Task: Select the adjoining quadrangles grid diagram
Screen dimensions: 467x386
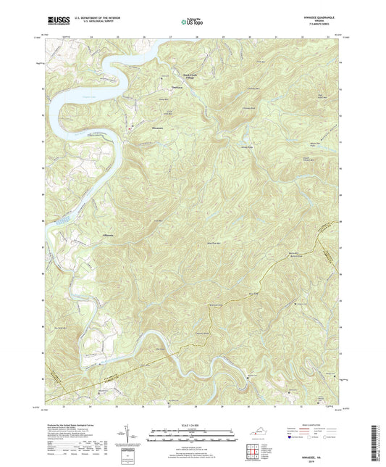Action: point(253,455)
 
